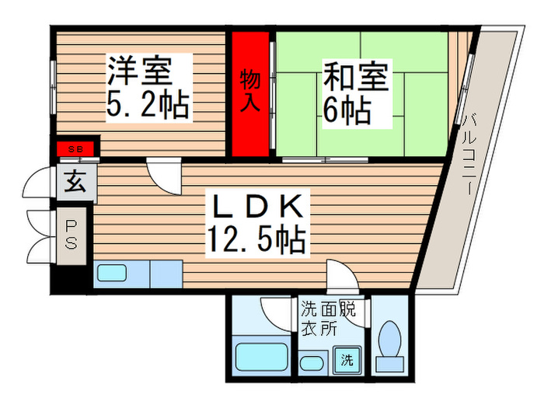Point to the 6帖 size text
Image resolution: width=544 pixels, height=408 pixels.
click(x=347, y=110)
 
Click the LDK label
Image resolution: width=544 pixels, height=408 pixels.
click(x=253, y=208)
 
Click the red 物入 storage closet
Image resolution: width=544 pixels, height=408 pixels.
click(x=249, y=92)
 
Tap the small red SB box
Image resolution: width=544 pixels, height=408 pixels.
click(x=76, y=148)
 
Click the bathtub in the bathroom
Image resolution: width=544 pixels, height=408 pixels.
click(x=262, y=357)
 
